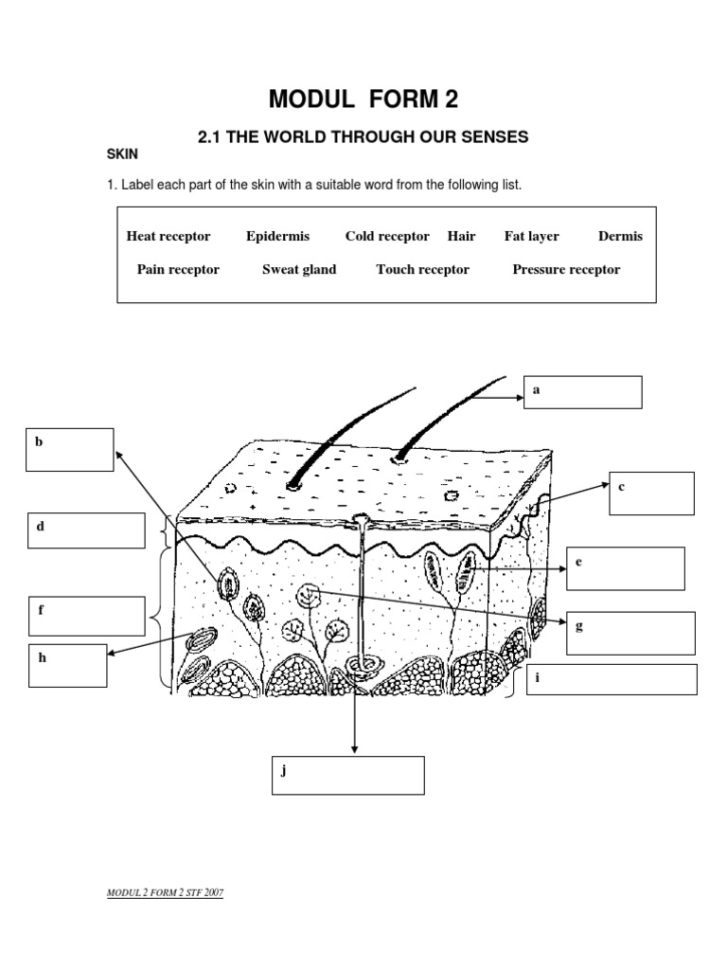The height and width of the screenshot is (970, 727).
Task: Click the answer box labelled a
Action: (x=583, y=392)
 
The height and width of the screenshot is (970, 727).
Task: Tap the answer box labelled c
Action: (x=651, y=494)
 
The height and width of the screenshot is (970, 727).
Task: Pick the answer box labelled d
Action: (x=86, y=530)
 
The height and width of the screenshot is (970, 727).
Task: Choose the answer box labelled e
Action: (x=625, y=568)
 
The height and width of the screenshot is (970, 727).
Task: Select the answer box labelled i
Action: (x=612, y=679)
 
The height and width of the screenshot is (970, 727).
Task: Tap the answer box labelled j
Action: (x=346, y=775)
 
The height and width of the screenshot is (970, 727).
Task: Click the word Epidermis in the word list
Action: (x=277, y=236)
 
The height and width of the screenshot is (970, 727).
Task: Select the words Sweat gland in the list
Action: (x=299, y=269)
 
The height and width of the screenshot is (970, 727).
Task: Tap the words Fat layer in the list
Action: (x=531, y=236)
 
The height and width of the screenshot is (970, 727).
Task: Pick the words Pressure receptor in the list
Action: (x=566, y=269)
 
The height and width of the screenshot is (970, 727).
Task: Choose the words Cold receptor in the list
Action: (x=387, y=236)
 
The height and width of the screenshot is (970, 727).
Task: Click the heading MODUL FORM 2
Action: (x=363, y=99)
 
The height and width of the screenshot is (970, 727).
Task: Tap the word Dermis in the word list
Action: (x=620, y=236)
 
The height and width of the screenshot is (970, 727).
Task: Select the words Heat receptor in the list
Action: (x=168, y=236)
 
